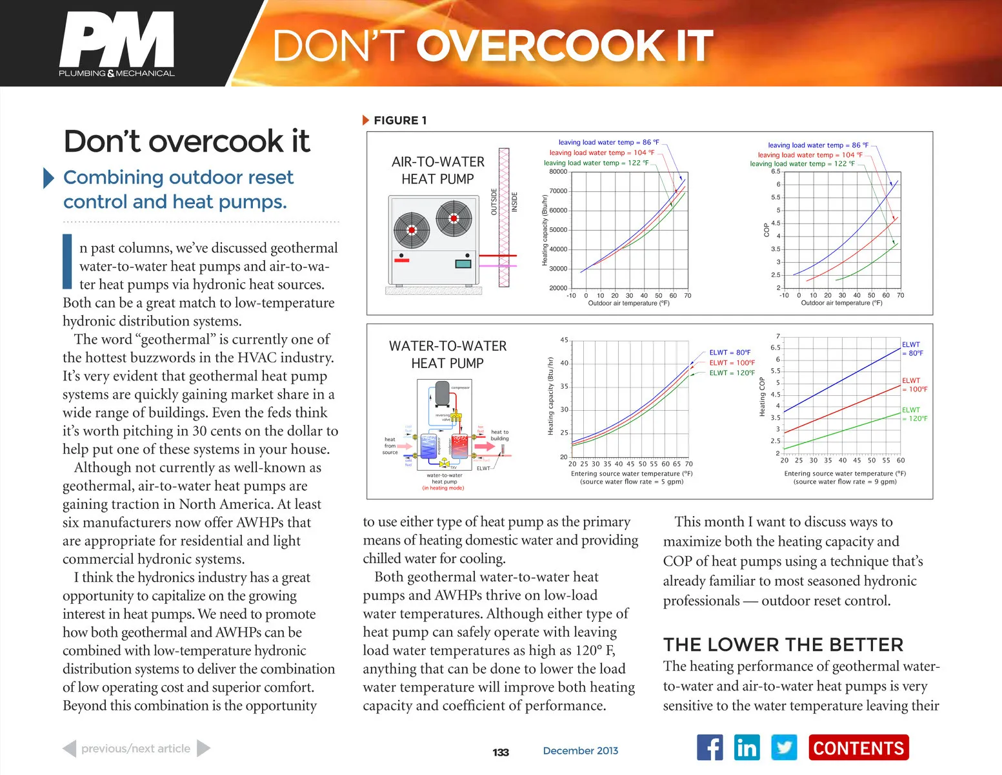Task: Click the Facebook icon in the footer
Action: (710, 748)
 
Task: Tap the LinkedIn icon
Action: (746, 748)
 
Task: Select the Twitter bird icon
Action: (784, 748)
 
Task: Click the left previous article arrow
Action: (70, 749)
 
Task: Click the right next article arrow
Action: (203, 749)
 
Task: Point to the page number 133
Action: (501, 752)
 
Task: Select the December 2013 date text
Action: (580, 750)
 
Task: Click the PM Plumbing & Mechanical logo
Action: (117, 44)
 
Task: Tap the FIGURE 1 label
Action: (399, 120)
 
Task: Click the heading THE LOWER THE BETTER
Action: (783, 645)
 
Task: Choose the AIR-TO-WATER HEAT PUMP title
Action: (437, 170)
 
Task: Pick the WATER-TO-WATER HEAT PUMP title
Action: (447, 355)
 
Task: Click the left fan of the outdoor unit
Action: (412, 230)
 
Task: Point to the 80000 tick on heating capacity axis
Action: (558, 172)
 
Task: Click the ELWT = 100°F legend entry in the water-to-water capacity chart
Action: (732, 363)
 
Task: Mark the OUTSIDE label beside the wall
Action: (494, 201)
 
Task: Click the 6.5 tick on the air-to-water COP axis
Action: (775, 172)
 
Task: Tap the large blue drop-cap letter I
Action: (67, 261)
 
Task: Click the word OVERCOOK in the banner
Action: (538, 46)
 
